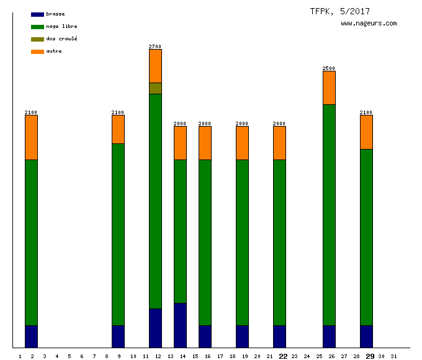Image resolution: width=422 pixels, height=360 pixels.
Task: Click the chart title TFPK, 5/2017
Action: click(339, 11)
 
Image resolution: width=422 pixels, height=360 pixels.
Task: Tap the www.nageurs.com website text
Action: click(369, 24)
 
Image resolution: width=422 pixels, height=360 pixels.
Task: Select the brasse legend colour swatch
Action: click(37, 14)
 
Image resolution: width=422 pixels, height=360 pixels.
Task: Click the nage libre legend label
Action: click(61, 27)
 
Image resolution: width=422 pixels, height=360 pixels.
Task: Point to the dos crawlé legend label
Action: click(61, 39)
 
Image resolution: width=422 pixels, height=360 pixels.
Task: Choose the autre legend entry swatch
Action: click(37, 52)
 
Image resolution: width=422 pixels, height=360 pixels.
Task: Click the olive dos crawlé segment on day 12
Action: click(155, 88)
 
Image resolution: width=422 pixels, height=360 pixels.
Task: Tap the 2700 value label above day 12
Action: click(155, 47)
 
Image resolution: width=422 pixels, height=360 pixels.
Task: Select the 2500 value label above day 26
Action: click(329, 68)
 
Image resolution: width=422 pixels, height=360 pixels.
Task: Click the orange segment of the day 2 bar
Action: click(31, 137)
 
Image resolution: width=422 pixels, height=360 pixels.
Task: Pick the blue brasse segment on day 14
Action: click(180, 325)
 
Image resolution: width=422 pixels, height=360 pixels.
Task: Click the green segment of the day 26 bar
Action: click(329, 214)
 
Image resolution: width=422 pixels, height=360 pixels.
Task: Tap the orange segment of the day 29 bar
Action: click(366, 132)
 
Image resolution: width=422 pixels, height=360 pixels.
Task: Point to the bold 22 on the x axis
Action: click(283, 356)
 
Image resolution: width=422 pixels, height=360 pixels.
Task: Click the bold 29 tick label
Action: click(370, 356)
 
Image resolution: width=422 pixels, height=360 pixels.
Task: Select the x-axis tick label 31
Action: click(393, 356)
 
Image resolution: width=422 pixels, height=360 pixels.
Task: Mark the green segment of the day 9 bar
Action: click(118, 234)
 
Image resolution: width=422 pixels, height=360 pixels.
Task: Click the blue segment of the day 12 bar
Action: click(155, 328)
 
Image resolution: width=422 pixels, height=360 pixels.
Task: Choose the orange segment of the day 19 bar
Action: click(242, 143)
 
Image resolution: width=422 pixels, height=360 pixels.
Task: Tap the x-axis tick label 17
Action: click(220, 356)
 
